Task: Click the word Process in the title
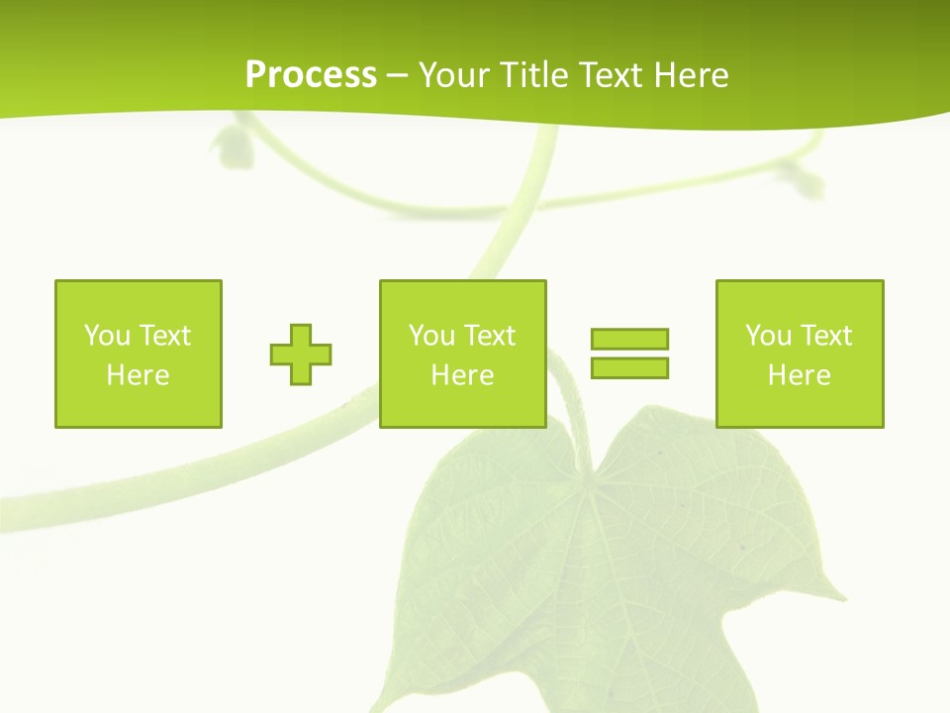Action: pyautogui.click(x=311, y=75)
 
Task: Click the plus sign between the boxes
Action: pyautogui.click(x=301, y=354)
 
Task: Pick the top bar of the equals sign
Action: pyautogui.click(x=629, y=339)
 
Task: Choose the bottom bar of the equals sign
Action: pyautogui.click(x=629, y=367)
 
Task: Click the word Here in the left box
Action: pyautogui.click(x=138, y=375)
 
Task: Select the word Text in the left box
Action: pyautogui.click(x=163, y=336)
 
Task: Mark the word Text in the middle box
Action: pyautogui.click(x=488, y=336)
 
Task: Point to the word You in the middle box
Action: pyautogui.click(x=430, y=336)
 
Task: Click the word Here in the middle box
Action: pyautogui.click(x=462, y=375)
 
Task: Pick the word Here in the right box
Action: pyautogui.click(x=799, y=375)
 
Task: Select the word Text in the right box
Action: pyautogui.click(x=824, y=336)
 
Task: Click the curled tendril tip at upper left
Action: pyautogui.click(x=233, y=146)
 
